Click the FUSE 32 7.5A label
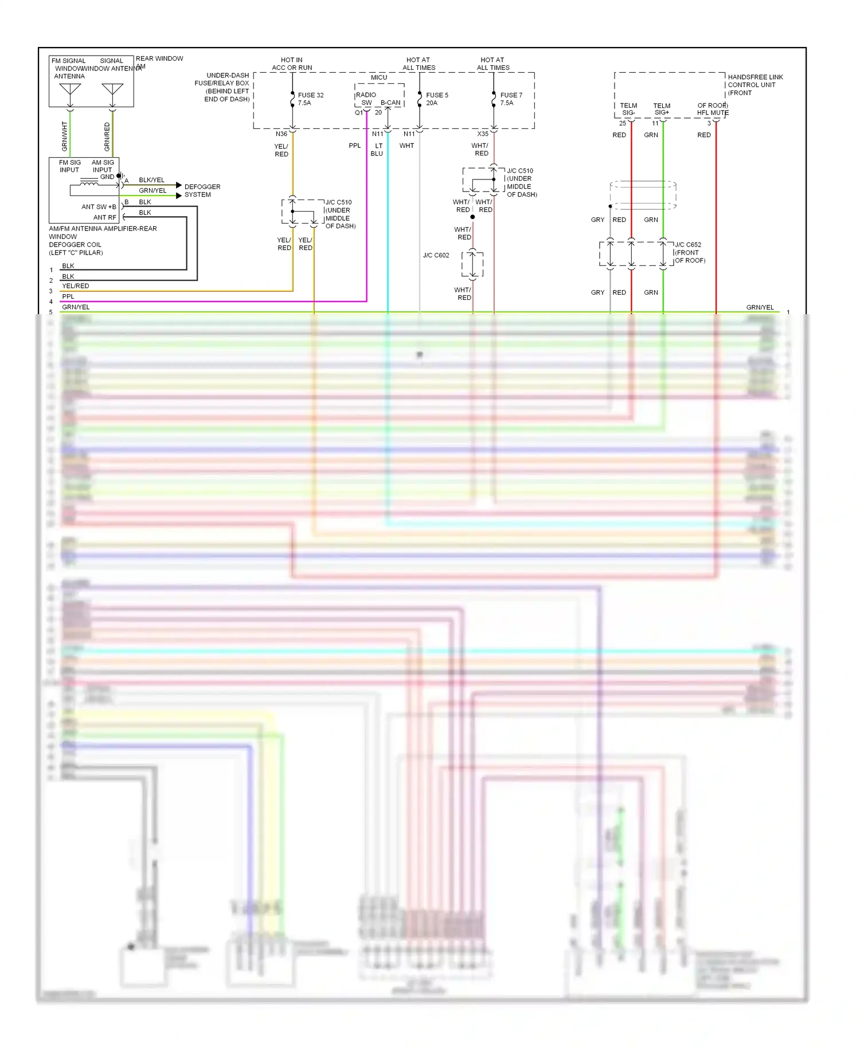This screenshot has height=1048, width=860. (x=310, y=99)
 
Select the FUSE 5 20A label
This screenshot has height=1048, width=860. (x=436, y=99)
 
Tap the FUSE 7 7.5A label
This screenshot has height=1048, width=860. (x=510, y=99)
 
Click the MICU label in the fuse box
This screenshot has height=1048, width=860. (x=378, y=77)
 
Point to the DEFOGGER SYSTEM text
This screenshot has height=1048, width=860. (x=202, y=190)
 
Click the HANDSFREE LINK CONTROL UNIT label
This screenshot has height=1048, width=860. (x=755, y=84)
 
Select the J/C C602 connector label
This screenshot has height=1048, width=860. (x=436, y=255)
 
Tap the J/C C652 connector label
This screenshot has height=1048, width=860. (x=689, y=252)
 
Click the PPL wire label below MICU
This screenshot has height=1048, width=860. (x=354, y=146)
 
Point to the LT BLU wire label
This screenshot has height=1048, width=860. (x=377, y=150)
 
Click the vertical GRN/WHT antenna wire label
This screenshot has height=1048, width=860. (x=64, y=136)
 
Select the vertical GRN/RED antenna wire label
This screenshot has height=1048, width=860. (x=107, y=136)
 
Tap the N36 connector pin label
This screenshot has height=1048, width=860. (x=281, y=134)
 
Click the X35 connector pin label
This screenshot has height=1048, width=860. (x=483, y=134)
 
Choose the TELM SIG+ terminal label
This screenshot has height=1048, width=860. (x=662, y=109)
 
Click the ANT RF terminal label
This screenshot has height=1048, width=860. (x=104, y=217)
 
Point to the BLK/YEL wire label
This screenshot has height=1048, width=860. (x=151, y=180)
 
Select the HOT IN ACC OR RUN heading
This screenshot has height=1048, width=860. (x=292, y=64)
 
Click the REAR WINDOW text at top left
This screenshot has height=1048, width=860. (x=159, y=58)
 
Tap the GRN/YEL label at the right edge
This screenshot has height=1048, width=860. (x=760, y=307)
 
